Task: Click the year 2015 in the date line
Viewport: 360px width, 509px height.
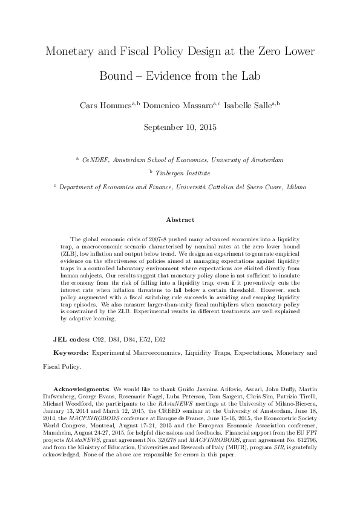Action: (x=206, y=128)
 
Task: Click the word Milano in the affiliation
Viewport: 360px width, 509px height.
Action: (x=295, y=187)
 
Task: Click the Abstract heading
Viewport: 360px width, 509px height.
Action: (x=180, y=220)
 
